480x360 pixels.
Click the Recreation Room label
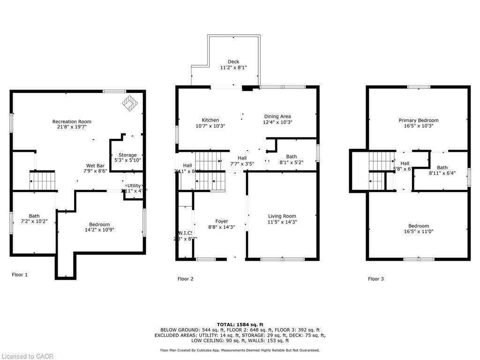(72, 122)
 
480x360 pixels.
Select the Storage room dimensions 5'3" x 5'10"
(127, 160)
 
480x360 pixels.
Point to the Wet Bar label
(95, 165)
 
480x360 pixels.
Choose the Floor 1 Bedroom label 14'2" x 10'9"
(99, 230)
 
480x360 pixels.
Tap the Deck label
(233, 62)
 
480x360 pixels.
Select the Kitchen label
(210, 120)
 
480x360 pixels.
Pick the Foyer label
(222, 221)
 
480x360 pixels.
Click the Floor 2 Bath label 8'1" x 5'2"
(292, 157)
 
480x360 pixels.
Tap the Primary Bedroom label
(419, 120)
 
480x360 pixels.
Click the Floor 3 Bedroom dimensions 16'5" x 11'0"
(419, 231)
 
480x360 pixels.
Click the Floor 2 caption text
(185, 279)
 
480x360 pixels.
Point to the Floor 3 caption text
(375, 279)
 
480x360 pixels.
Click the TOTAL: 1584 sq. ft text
(240, 324)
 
